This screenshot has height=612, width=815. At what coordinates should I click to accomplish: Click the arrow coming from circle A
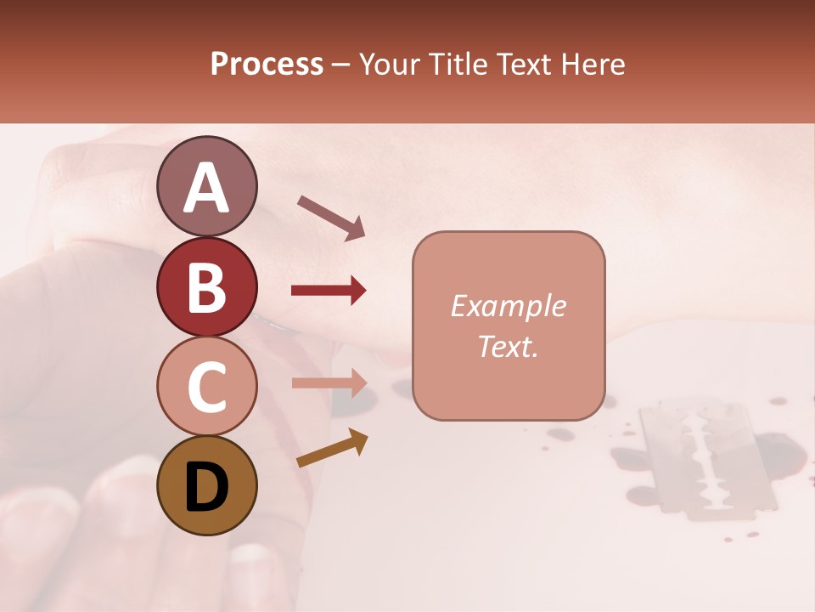331,217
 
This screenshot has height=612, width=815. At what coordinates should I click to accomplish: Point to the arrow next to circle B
329,291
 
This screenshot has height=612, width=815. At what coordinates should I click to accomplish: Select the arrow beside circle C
329,382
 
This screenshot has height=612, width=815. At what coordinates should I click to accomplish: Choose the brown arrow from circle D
332,449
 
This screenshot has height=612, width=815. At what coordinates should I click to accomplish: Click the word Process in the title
267,65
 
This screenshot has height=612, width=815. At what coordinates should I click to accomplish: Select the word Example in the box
508,306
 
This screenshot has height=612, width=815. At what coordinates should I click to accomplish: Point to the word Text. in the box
508,347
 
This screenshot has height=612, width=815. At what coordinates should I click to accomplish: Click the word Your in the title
388,65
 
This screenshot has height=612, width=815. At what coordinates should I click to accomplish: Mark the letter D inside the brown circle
206,489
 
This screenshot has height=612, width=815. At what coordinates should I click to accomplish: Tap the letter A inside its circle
206,189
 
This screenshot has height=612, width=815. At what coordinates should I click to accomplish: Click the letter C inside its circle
206,388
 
